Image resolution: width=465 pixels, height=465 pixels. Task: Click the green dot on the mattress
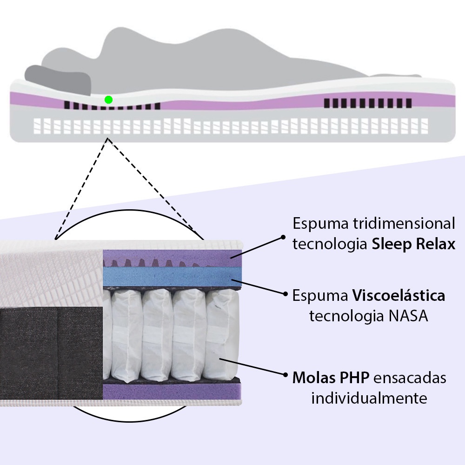(108, 100)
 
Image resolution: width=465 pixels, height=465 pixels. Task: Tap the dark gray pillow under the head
(58, 79)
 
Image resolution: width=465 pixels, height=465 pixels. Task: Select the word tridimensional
(401, 224)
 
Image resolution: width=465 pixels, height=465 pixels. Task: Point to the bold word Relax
(435, 245)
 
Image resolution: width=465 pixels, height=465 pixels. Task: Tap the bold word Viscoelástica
(399, 295)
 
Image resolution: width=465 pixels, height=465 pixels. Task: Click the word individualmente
(369, 399)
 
